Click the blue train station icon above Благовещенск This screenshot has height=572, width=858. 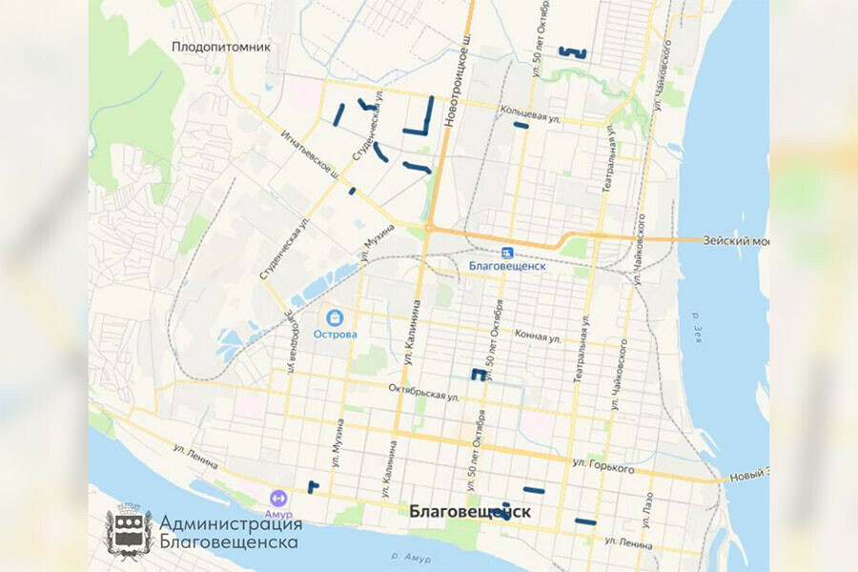507,252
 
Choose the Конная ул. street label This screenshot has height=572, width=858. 538,337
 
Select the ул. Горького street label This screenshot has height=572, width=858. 604,464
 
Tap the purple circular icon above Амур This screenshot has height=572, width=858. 278,498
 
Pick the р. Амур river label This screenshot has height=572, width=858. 413,556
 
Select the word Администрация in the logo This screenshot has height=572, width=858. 231,523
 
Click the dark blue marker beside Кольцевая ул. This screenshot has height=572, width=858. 521,125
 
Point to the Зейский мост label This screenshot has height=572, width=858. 735,240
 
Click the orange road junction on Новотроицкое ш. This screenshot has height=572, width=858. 429,228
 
